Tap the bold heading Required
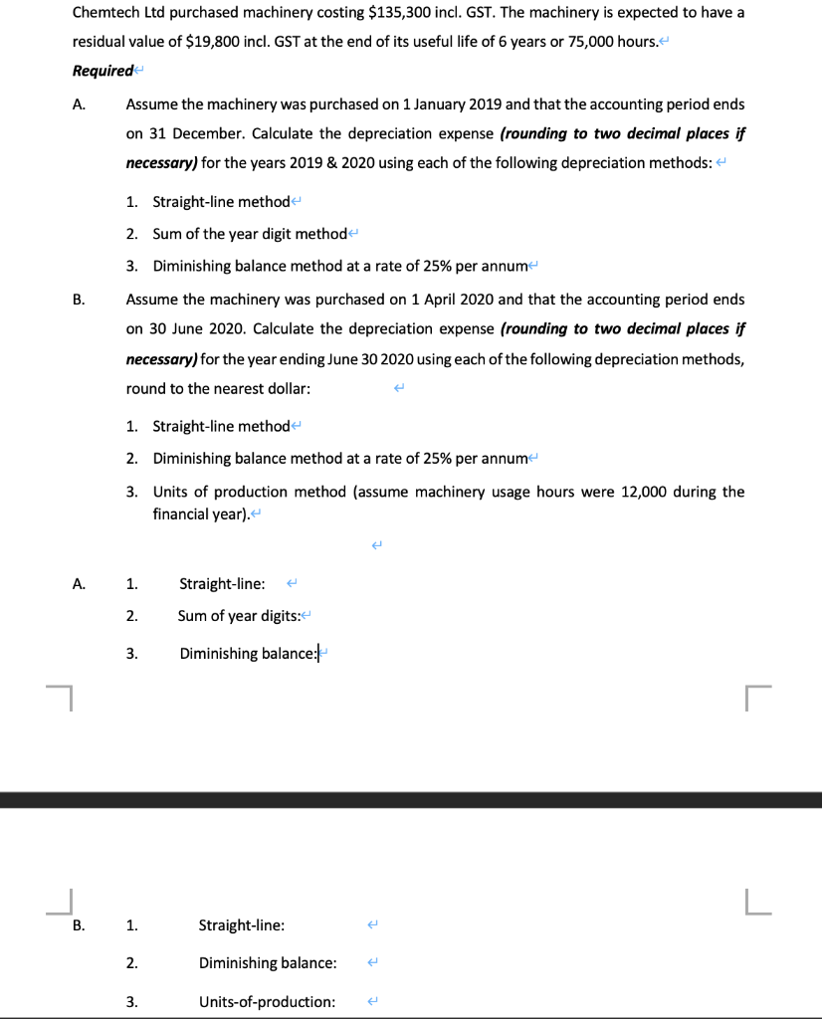[x=102, y=71]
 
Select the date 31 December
[x=190, y=134]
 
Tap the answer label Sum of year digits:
[x=244, y=616]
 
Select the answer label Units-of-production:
[x=267, y=1001]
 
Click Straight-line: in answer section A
[x=222, y=583]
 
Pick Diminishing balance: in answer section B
[x=267, y=963]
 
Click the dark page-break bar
[x=411, y=800]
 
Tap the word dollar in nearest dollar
[x=289, y=388]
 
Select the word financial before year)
[x=182, y=513]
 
